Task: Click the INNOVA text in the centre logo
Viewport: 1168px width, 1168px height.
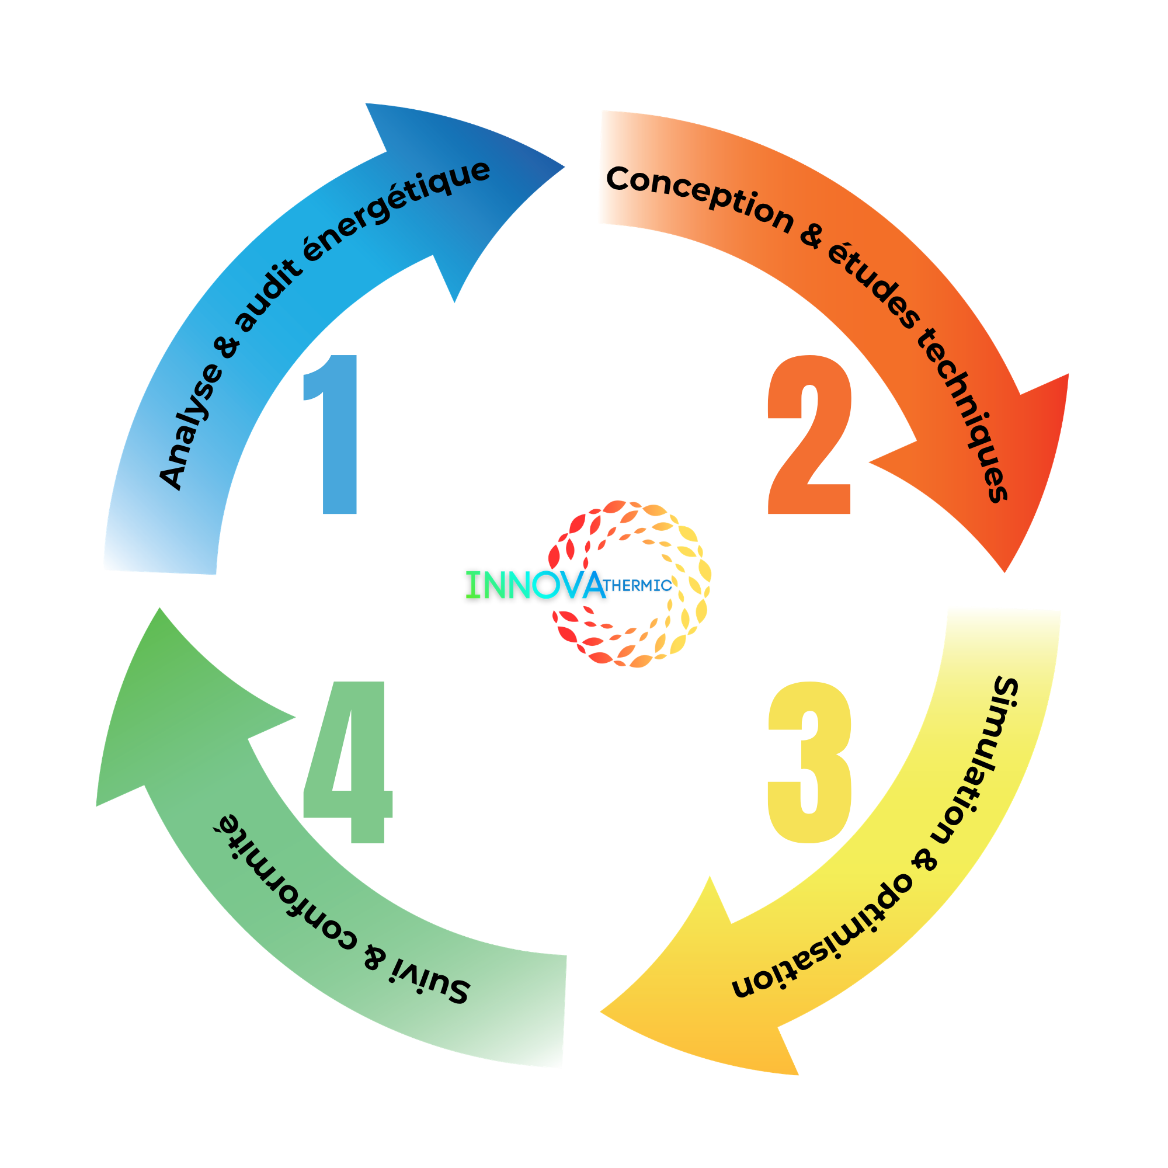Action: [x=536, y=585]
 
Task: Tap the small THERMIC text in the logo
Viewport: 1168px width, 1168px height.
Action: [x=638, y=585]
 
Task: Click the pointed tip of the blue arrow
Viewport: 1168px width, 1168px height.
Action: [x=564, y=168]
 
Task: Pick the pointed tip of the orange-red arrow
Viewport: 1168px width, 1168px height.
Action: [x=1004, y=571]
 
